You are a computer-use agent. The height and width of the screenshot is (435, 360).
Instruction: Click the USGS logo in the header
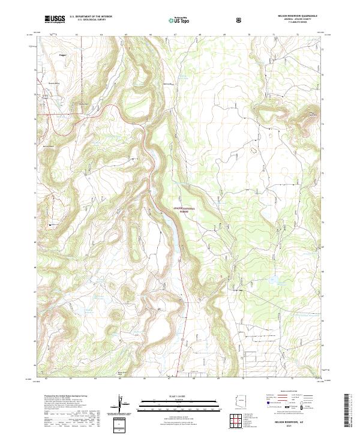point(55,20)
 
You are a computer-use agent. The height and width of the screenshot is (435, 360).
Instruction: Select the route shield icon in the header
point(240,20)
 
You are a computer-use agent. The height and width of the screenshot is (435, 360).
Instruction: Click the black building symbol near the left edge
point(50,224)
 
